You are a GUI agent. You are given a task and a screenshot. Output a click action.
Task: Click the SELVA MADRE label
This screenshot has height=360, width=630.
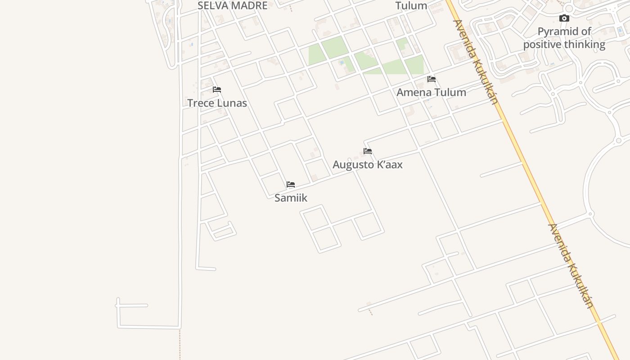pos(232,5)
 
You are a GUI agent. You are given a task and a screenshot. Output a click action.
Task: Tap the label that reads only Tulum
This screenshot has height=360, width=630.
pos(411,6)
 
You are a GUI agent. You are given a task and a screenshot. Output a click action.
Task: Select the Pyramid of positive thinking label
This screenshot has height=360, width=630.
pos(564,38)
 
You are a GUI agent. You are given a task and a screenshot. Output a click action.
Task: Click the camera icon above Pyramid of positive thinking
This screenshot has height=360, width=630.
pos(564,18)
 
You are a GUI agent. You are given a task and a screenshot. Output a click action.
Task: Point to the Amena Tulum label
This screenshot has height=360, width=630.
pos(431,92)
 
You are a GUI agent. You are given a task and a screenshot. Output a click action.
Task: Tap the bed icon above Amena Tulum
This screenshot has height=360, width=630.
pos(432,79)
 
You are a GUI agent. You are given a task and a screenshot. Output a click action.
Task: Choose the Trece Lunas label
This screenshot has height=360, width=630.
pos(217,103)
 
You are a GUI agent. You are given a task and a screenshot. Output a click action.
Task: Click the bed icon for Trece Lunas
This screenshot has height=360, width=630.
pos(217,90)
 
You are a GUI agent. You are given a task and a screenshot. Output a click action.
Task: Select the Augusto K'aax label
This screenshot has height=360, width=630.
pos(368,165)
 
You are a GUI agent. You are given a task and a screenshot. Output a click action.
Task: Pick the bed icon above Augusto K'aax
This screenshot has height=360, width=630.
pos(368,151)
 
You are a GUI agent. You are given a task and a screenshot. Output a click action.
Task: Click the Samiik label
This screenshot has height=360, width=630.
pos(291,198)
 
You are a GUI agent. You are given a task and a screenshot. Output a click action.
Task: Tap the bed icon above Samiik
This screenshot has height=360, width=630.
pos(291,184)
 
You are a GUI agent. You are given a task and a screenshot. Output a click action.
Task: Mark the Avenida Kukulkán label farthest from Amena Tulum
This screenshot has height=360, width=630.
pos(571,265)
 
